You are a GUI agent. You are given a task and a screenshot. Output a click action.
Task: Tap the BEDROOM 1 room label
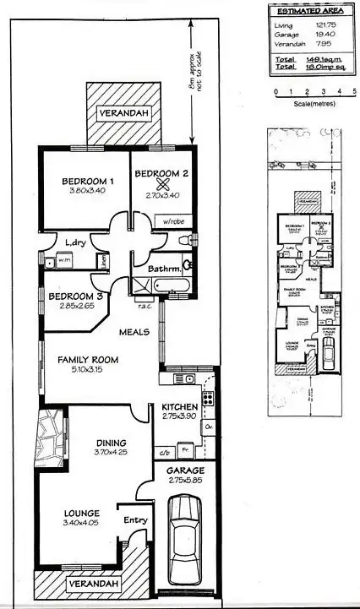(88, 181)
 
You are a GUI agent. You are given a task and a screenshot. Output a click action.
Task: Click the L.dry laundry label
(76, 243)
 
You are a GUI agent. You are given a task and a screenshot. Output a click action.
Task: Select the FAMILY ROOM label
(88, 359)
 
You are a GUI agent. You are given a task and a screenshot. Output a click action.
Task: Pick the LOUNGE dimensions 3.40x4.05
(81, 523)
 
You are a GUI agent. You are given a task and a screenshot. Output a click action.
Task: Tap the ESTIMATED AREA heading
(308, 12)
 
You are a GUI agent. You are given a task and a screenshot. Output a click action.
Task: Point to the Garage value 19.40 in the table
(326, 35)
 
